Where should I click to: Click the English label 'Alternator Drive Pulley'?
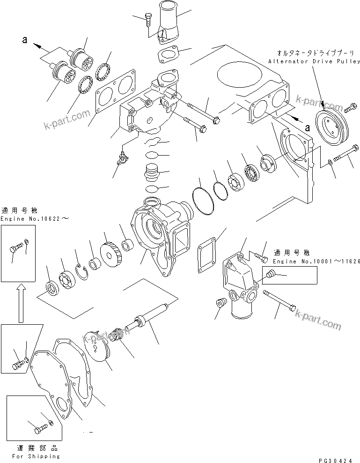pyautogui.click(x=314, y=61)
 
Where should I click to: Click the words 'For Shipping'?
pyautogui.click(x=36, y=456)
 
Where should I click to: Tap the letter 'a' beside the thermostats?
pyautogui.click(x=25, y=40)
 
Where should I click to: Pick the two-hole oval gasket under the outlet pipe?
pyautogui.click(x=167, y=55)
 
